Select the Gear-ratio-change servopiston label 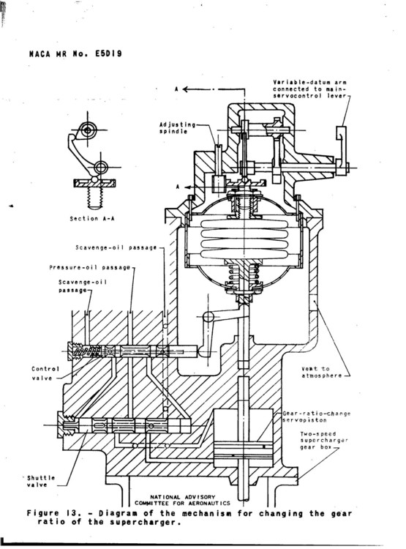coord(316,418)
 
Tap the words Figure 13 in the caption coord(58,513)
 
